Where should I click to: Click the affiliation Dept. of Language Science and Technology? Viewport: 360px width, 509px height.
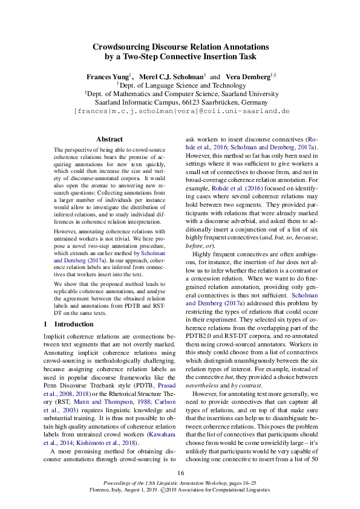click(182, 86)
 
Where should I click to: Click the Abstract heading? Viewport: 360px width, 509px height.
click(109, 139)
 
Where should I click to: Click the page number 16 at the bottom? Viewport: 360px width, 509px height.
click(180, 472)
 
